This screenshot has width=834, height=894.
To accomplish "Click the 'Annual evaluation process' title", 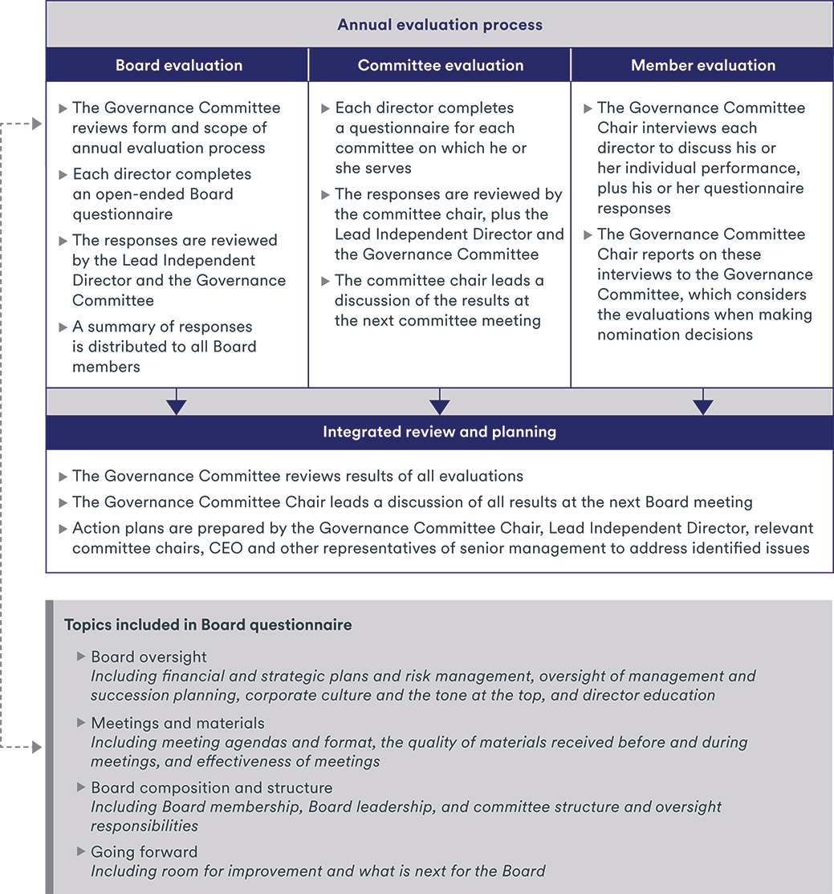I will [x=440, y=25].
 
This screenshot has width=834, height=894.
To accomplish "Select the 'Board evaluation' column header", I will [x=178, y=66].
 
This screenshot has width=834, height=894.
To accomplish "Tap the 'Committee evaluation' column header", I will [x=440, y=66].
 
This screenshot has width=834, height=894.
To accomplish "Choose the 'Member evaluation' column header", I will [x=703, y=66].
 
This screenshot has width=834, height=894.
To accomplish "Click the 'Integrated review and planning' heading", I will [x=440, y=432].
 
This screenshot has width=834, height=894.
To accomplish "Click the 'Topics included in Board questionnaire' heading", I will [x=208, y=624].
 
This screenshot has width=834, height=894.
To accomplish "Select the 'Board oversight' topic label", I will [x=148, y=656].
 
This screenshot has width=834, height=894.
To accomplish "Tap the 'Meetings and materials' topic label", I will [x=177, y=724].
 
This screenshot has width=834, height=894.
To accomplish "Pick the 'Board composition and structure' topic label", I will [x=211, y=787].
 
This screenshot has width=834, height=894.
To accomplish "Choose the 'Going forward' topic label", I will [x=144, y=851].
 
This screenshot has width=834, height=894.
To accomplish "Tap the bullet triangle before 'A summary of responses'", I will [x=63, y=327].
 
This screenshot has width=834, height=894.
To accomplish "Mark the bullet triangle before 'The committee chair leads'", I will [x=326, y=280].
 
